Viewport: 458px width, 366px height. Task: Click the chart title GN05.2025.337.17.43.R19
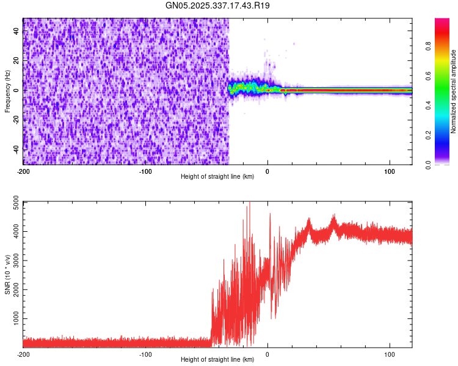(218, 5)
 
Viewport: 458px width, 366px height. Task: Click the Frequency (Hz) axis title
(7, 91)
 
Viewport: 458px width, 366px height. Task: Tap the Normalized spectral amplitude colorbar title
(453, 91)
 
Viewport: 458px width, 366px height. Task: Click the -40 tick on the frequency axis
(16, 149)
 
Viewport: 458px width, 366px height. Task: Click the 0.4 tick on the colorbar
(427, 105)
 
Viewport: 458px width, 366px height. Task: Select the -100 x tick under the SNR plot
(145, 354)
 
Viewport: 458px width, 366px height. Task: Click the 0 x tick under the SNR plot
(267, 354)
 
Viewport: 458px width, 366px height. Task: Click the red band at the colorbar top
(442, 24)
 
